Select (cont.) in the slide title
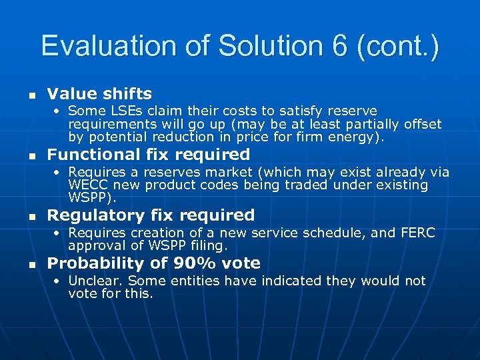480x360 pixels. [x=398, y=46]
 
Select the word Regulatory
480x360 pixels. [x=96, y=215]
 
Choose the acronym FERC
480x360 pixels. [x=417, y=233]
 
